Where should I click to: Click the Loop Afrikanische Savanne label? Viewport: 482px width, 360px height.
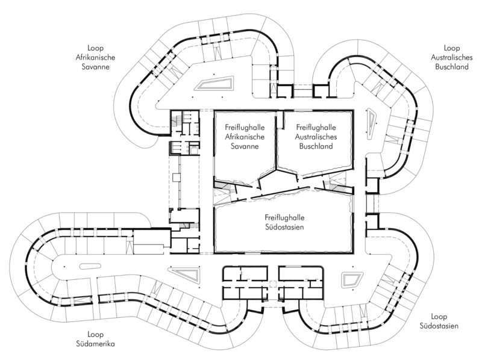pos(95,57)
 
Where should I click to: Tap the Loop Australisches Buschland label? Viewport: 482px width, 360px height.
pos(451,57)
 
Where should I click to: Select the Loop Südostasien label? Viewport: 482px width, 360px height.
pos(439,321)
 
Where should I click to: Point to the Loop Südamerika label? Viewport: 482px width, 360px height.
pos(95,339)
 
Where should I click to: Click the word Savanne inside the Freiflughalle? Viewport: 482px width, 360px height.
pos(245,146)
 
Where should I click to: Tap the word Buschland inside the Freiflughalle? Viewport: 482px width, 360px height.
pos(316,146)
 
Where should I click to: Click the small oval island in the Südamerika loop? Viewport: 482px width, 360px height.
pos(88,266)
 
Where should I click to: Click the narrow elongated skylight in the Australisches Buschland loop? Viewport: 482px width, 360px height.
pos(372,120)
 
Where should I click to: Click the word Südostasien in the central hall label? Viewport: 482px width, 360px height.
pos(284,228)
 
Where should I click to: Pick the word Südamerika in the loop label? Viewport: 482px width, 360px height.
pos(95,343)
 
